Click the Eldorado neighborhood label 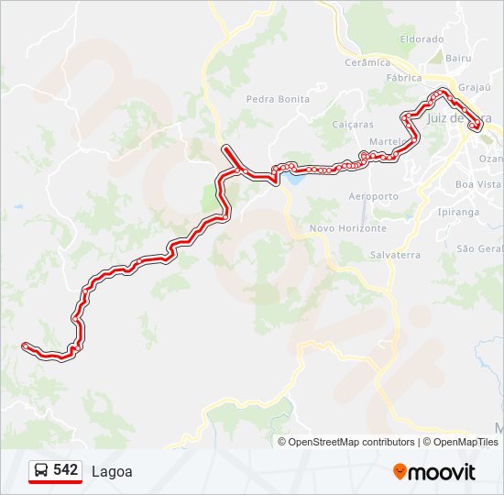tap(422, 39)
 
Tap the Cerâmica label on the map tap(367, 62)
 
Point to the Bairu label tap(459, 58)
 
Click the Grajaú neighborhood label tap(475, 88)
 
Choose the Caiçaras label tap(353, 124)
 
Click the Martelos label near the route tap(386, 141)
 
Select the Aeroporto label tap(374, 196)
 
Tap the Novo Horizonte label tap(348, 228)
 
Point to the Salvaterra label tap(397, 255)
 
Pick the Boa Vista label tap(478, 184)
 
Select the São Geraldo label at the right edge tap(480, 248)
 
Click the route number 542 tap(66, 469)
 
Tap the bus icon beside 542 tap(41, 470)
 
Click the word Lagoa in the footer tap(112, 472)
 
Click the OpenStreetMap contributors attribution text tap(350, 442)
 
